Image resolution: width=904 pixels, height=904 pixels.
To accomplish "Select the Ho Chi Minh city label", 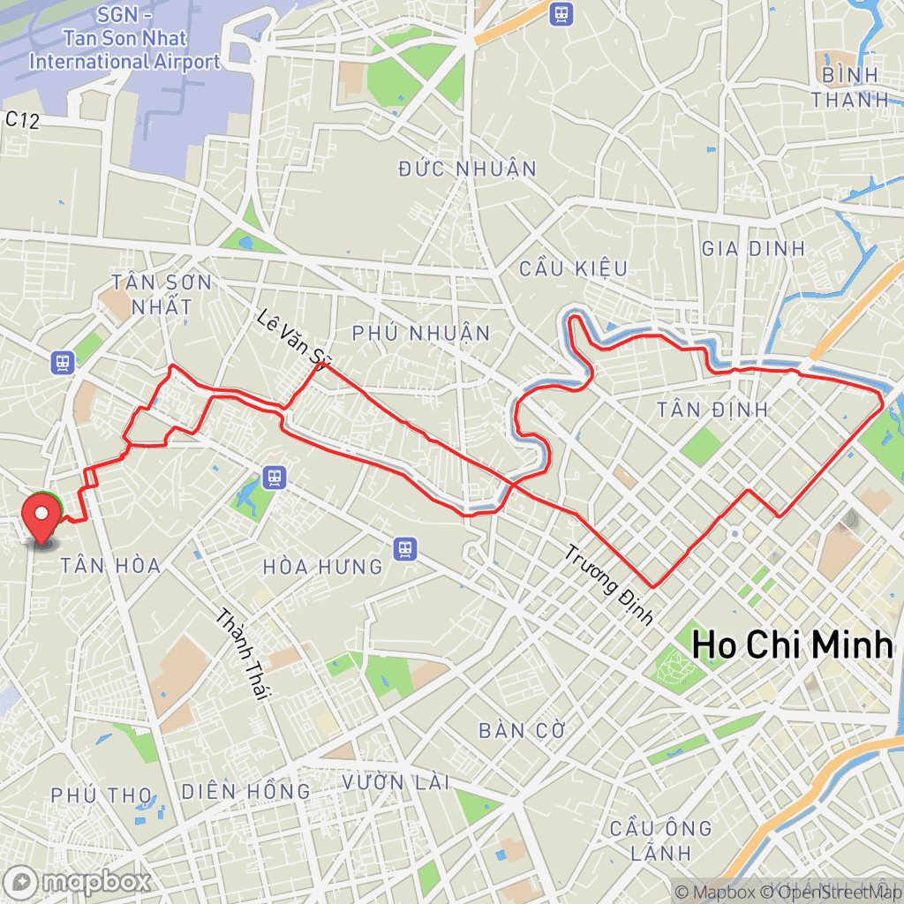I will (791, 645).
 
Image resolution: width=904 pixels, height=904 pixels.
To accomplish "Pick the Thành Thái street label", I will (240, 654).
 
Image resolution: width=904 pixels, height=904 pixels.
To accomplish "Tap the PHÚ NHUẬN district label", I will (420, 333).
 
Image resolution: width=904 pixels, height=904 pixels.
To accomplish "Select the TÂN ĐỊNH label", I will (713, 410).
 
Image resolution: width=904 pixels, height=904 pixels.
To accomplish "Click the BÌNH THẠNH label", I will (851, 87).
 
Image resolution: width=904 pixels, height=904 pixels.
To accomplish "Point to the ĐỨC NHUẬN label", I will (467, 169).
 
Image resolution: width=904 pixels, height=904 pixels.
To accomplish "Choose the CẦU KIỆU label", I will (573, 268).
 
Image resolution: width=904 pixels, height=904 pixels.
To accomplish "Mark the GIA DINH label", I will (753, 249).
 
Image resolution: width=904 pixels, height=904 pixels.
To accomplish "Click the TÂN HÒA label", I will (110, 565).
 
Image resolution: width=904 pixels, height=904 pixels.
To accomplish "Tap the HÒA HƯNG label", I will (323, 566).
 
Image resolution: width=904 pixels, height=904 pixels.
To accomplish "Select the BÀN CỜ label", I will (521, 730).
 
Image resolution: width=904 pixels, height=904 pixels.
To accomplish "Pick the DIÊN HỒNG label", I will (246, 791).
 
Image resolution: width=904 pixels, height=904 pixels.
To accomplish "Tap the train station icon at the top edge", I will (560, 13).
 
